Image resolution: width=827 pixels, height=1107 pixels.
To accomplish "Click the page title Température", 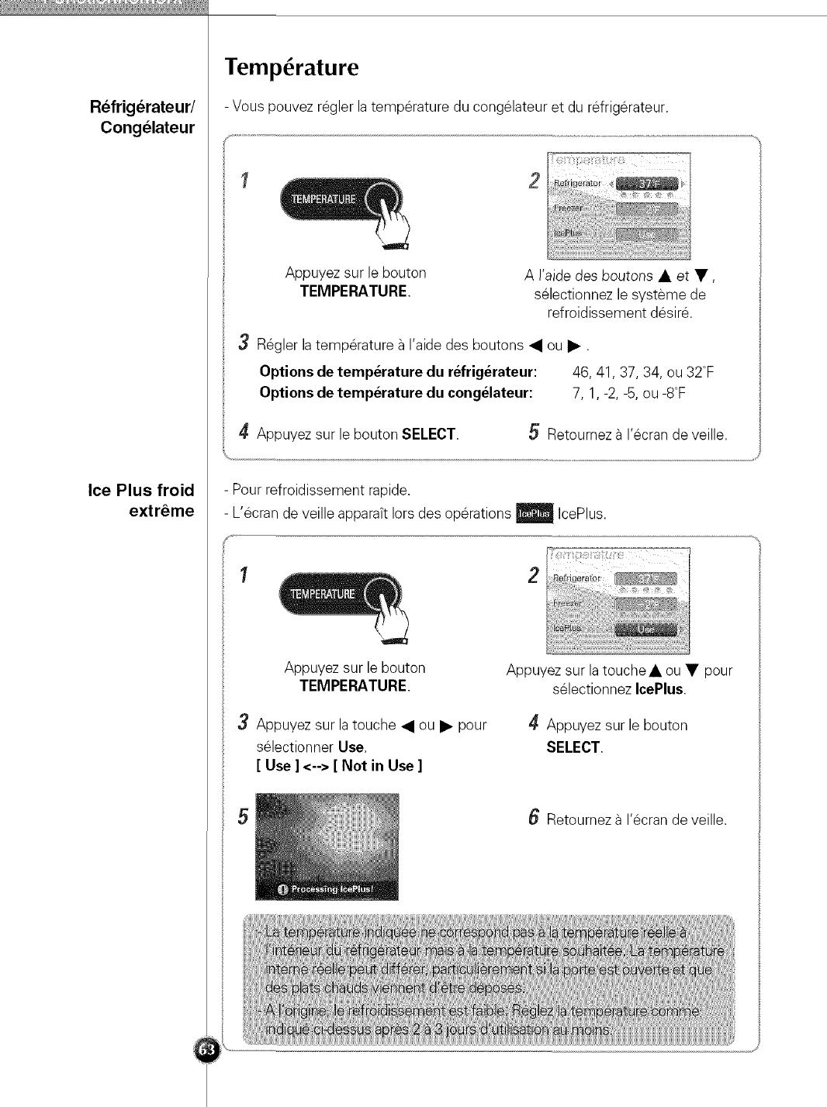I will coord(292,67).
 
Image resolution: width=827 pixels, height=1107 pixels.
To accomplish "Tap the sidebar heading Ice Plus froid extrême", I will coord(141,500).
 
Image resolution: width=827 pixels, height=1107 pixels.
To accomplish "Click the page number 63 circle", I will coord(206,1050).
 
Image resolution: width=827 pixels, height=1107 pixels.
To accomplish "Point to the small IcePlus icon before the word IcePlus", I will coord(534,514).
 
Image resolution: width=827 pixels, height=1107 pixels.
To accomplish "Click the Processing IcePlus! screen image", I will coord(327,847).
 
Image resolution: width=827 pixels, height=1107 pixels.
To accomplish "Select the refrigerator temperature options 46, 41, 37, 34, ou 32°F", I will coord(642,372).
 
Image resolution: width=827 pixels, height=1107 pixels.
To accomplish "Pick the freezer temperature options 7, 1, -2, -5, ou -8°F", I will coord(628,393).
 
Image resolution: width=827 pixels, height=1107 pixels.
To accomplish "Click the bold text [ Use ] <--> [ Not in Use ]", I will coord(339,766).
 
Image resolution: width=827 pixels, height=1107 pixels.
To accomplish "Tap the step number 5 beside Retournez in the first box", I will coord(534,433).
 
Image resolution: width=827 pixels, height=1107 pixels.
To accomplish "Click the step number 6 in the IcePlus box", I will coord(533,817).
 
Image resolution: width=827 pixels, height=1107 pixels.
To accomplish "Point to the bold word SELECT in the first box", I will coord(429,434).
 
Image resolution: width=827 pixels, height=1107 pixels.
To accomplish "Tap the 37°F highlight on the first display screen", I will coord(646,184).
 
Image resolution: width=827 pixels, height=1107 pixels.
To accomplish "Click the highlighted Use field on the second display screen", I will coord(646,629).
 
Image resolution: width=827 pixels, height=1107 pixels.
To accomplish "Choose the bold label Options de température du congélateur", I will coord(396,393).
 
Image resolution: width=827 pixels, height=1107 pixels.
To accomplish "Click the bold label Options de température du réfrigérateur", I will coord(398,372).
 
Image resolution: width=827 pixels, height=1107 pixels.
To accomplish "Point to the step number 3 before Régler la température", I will coord(244,343).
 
